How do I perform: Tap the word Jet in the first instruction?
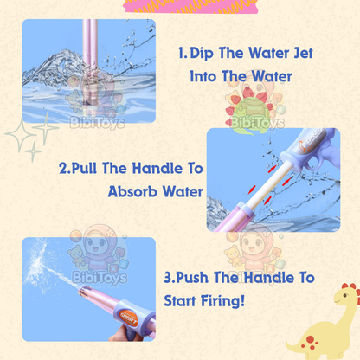coord(295,55)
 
